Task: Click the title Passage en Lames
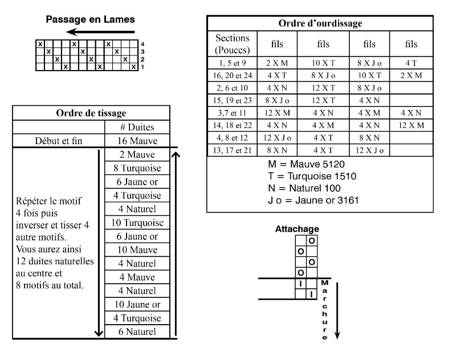[x=90, y=19]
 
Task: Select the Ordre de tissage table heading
[x=91, y=113]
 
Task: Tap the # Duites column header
[x=137, y=127]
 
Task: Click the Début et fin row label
[x=58, y=141]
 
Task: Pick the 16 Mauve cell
[x=137, y=141]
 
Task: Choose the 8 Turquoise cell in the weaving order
[x=137, y=168]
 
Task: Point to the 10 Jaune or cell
[x=137, y=304]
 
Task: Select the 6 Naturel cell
[x=137, y=332]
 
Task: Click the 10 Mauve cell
[x=137, y=250]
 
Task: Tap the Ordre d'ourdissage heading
[x=320, y=23]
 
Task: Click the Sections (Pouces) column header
[x=232, y=44]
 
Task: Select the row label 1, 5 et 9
[x=232, y=63]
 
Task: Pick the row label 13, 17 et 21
[x=232, y=150]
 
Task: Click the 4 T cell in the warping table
[x=411, y=63]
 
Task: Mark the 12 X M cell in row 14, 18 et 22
[x=411, y=125]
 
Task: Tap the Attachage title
[x=297, y=229]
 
